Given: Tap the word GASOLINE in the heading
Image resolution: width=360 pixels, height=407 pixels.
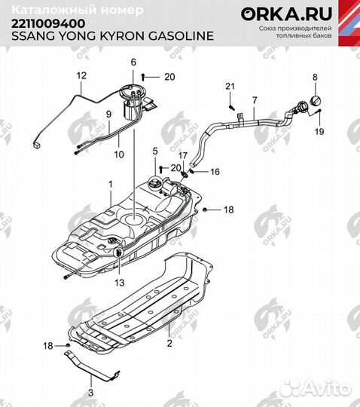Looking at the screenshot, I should [x=182, y=35].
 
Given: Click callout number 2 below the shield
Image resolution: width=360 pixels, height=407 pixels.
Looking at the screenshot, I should [x=169, y=342].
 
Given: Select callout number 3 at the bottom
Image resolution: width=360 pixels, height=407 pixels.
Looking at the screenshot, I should [x=90, y=392].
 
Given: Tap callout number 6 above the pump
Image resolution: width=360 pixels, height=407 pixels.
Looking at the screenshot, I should [x=133, y=61].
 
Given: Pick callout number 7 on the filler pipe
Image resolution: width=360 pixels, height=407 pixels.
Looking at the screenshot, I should [x=254, y=100].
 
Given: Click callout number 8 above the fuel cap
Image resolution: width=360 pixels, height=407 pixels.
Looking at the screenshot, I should [x=316, y=77].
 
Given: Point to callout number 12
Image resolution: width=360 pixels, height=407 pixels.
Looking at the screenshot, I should [x=82, y=75].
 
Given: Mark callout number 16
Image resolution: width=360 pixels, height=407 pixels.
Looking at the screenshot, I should [x=215, y=172].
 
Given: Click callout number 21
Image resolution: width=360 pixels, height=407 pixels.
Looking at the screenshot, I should [x=230, y=88].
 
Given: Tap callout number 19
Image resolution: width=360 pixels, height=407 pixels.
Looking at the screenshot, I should [x=319, y=131].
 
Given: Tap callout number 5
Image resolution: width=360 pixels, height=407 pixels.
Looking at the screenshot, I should [x=154, y=151].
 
